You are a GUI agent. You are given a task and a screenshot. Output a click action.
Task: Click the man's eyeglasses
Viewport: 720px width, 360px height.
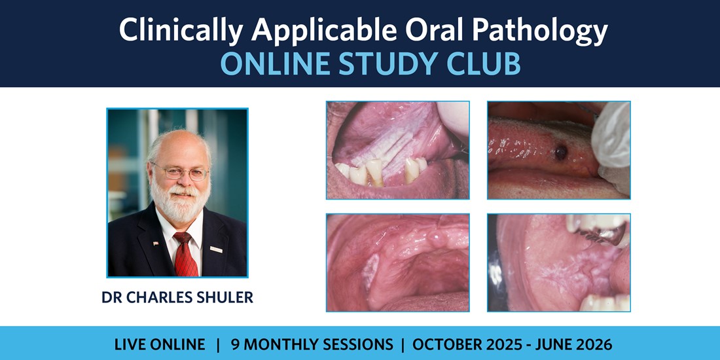tap(180, 171)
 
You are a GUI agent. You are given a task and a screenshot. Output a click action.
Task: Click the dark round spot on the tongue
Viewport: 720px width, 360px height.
tap(560, 153)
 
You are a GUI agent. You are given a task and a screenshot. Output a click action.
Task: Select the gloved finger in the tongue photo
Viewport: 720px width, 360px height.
tap(611, 142)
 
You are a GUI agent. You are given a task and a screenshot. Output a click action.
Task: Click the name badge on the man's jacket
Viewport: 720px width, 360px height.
tap(216, 249)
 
